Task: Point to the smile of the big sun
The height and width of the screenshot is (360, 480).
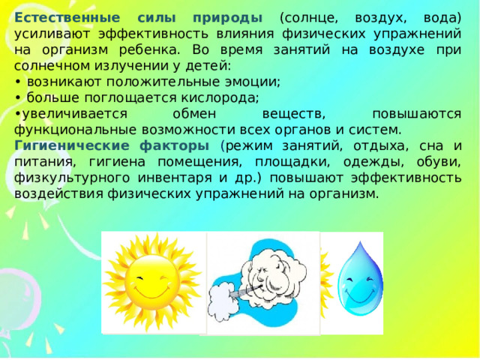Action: click(149, 287)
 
